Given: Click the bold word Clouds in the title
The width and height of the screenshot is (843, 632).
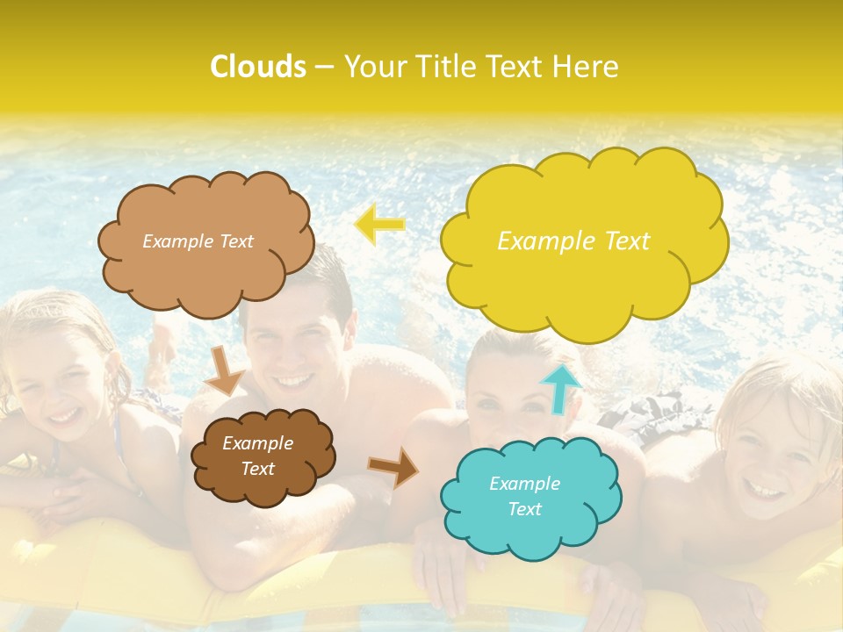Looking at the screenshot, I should pos(258,67).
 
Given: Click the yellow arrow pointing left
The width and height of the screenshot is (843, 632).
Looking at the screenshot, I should pos(379,225).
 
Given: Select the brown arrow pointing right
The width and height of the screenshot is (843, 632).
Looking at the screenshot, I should pos(393,467).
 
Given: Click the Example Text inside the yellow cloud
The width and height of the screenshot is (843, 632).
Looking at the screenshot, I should pos(573,241).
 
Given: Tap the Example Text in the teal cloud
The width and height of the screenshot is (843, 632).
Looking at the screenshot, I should pos(524,496).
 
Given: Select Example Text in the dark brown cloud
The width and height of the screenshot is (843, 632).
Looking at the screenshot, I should pos(257,456).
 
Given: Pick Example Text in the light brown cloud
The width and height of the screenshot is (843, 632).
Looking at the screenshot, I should pos(198,241).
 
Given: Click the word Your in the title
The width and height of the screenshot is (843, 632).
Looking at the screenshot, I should pos(372,67).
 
